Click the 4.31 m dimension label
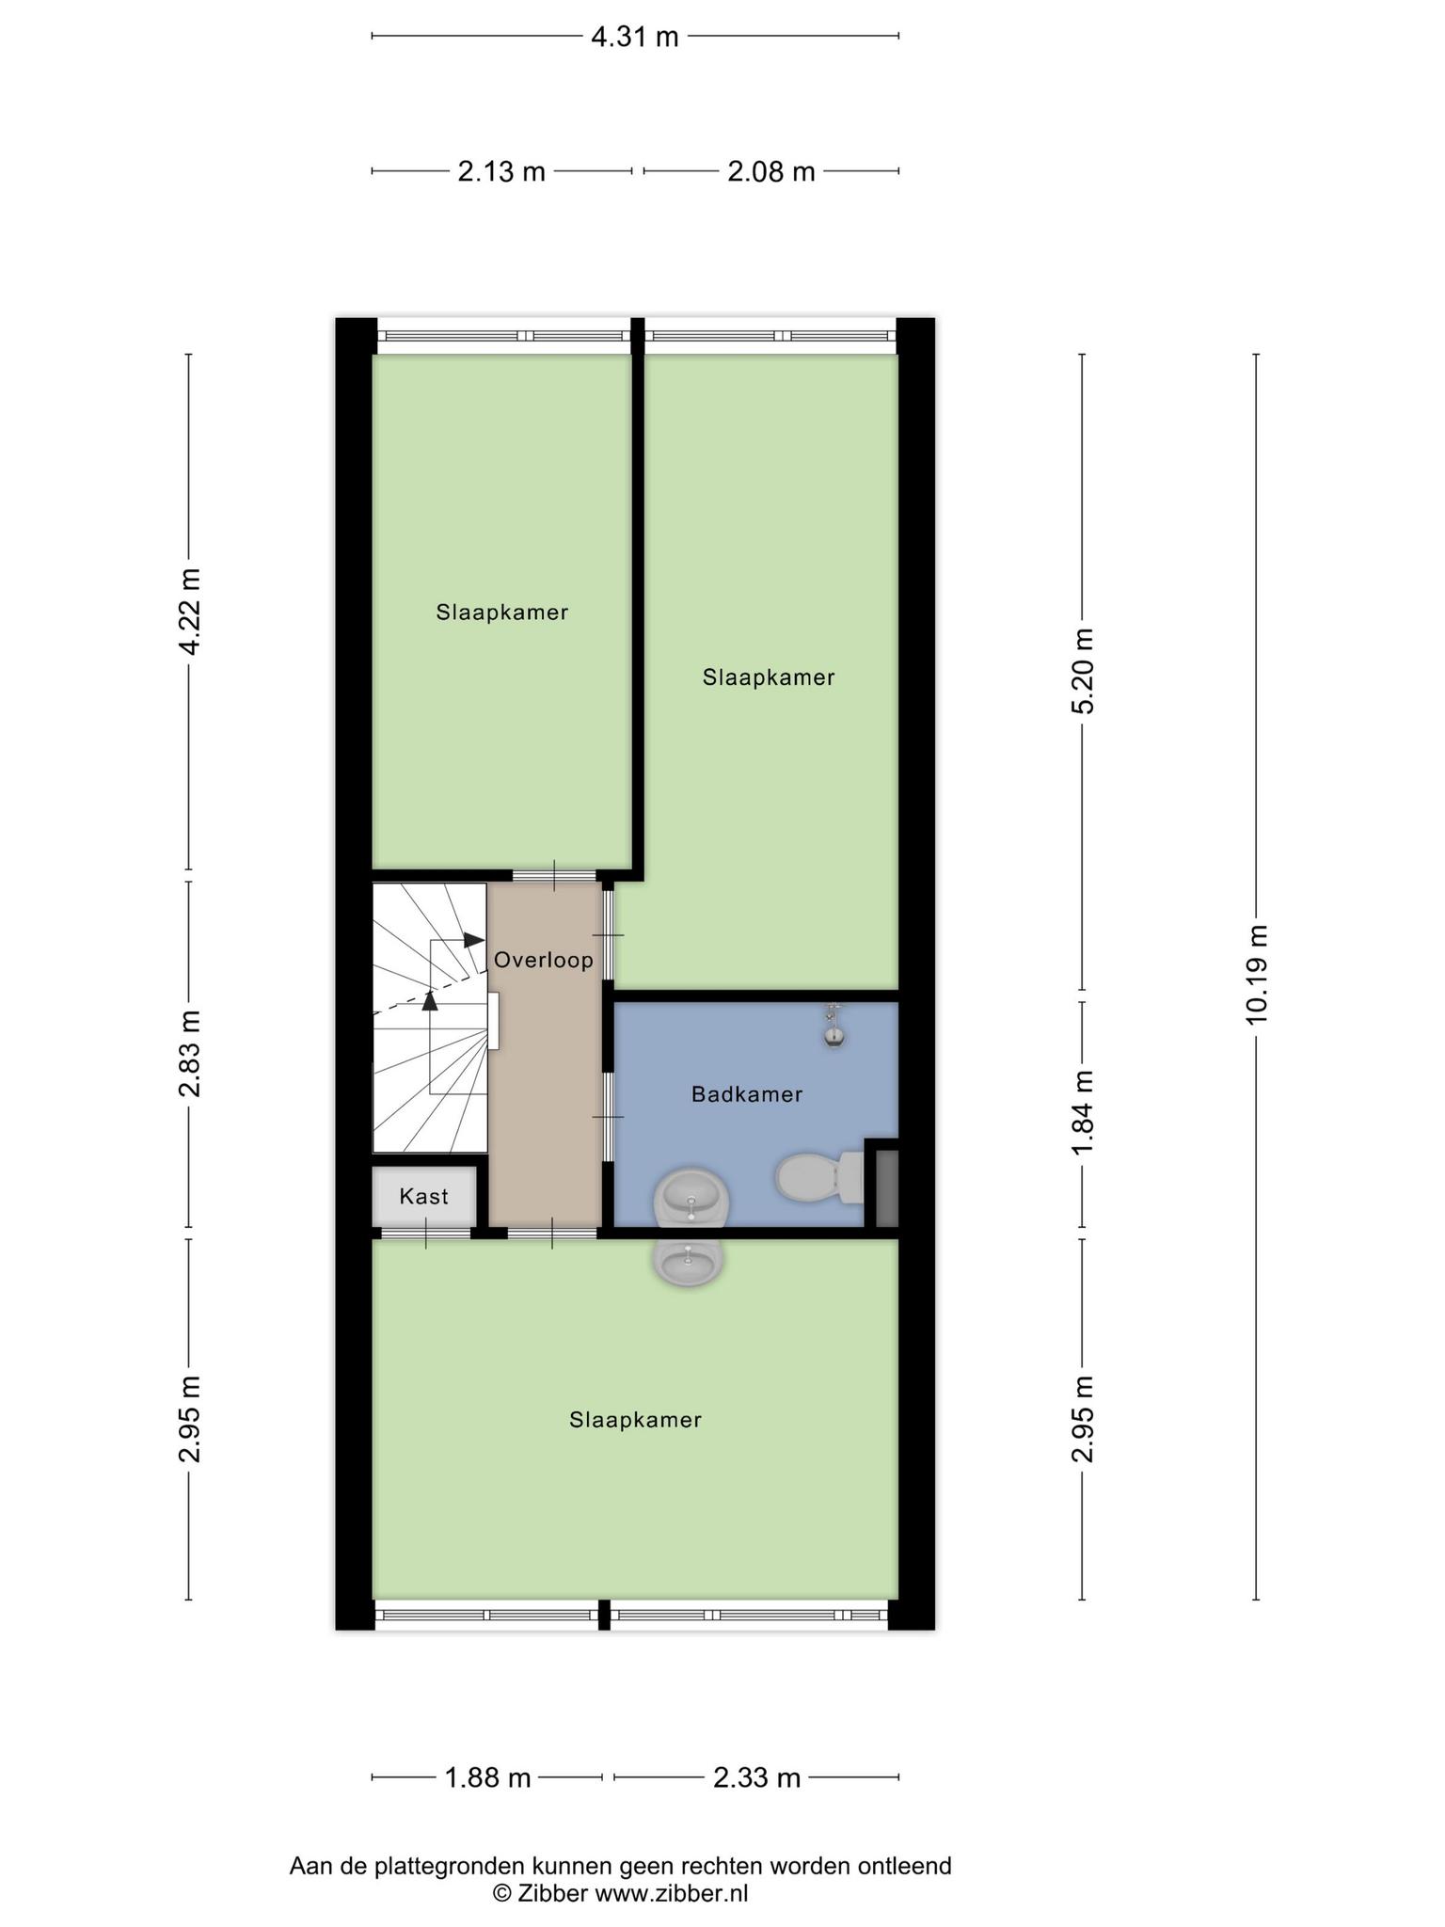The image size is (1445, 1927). (634, 37)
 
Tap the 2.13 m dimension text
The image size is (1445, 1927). (501, 172)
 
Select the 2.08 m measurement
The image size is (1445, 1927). (770, 172)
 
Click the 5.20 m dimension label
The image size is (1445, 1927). (1084, 672)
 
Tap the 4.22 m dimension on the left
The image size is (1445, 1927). (190, 612)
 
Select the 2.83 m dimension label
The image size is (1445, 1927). (190, 1054)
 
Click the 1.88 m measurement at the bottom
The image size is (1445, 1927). (487, 1777)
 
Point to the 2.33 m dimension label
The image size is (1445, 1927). (756, 1777)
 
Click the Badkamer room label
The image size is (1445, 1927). (747, 1094)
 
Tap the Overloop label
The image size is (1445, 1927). (544, 960)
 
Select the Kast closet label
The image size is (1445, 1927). (423, 1196)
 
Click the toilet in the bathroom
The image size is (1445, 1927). (818, 1178)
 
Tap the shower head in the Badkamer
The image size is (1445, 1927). (833, 1026)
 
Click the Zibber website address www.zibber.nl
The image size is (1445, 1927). (672, 1893)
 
